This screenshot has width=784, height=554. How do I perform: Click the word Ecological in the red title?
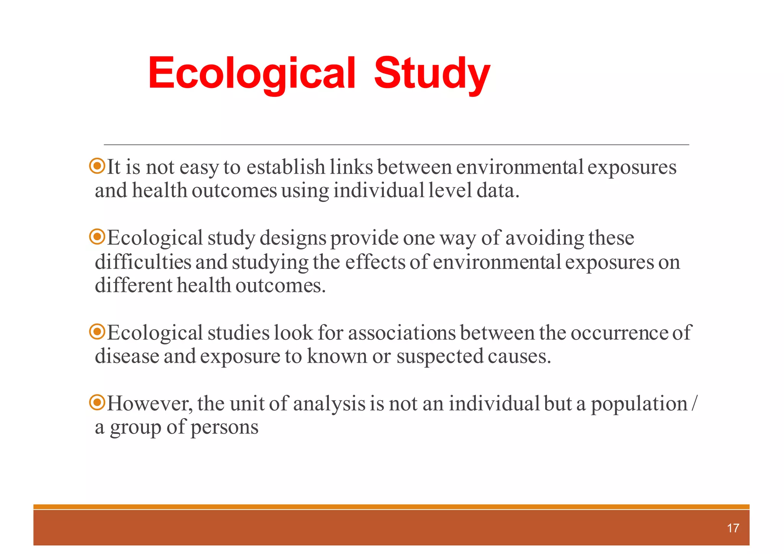point(252,73)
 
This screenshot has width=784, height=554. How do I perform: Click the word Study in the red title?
point(432,73)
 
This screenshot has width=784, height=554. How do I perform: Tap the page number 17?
point(733,528)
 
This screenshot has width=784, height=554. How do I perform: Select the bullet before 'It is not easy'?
point(97,166)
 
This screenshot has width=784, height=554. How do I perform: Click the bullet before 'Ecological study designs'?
point(97,237)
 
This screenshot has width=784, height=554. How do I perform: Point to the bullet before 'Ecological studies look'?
point(97,332)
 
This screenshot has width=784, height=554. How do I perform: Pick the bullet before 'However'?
point(97,402)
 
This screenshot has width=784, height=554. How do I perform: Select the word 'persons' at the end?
point(224,428)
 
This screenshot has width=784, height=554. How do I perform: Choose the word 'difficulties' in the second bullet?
point(143,262)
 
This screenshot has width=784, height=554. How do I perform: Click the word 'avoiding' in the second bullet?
point(545,238)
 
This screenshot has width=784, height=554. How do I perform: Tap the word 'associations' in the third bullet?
point(402,333)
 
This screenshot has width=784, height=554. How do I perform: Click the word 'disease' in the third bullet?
point(127,356)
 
